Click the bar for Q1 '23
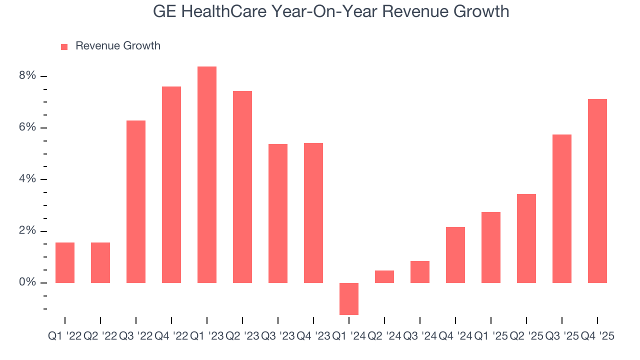(x=207, y=174)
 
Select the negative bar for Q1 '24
(x=349, y=298)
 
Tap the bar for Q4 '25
(x=597, y=191)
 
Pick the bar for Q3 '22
(x=136, y=201)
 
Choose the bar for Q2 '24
(x=384, y=276)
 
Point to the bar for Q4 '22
(x=171, y=184)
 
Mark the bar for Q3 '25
(x=562, y=208)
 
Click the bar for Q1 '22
(x=65, y=262)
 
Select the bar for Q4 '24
(x=455, y=255)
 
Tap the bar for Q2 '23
(x=242, y=187)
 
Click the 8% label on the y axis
(x=27, y=76)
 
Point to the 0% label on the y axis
(x=27, y=283)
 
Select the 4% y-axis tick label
(x=27, y=179)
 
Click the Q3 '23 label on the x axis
(x=278, y=337)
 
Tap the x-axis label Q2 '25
(x=526, y=337)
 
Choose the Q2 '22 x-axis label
(x=100, y=337)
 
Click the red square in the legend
(x=64, y=46)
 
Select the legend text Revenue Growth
(x=118, y=46)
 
